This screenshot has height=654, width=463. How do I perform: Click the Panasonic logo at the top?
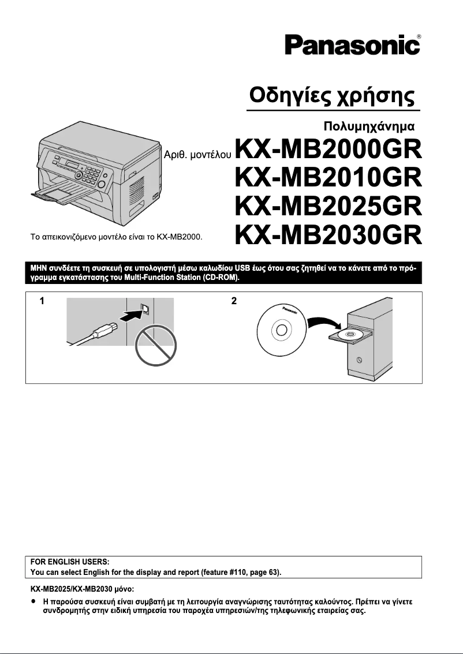(351, 46)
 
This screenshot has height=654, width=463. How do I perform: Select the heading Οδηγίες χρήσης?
(332, 95)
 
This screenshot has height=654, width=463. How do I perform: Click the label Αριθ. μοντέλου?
(198, 155)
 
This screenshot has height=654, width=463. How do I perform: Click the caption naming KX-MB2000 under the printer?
(120, 236)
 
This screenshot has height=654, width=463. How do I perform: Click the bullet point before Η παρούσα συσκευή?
(33, 601)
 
